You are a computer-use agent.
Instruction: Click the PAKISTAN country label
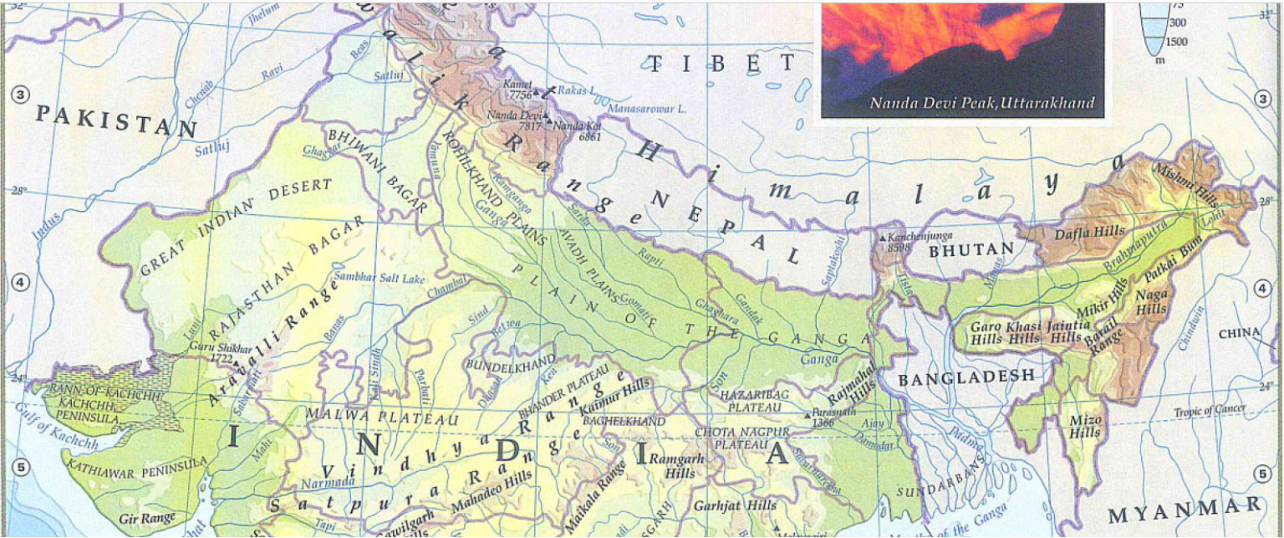116,122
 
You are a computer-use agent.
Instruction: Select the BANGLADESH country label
966,378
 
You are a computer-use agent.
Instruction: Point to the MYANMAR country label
1185,510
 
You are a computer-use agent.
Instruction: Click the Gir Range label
147,519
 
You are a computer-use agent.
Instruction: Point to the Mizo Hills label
1085,426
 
